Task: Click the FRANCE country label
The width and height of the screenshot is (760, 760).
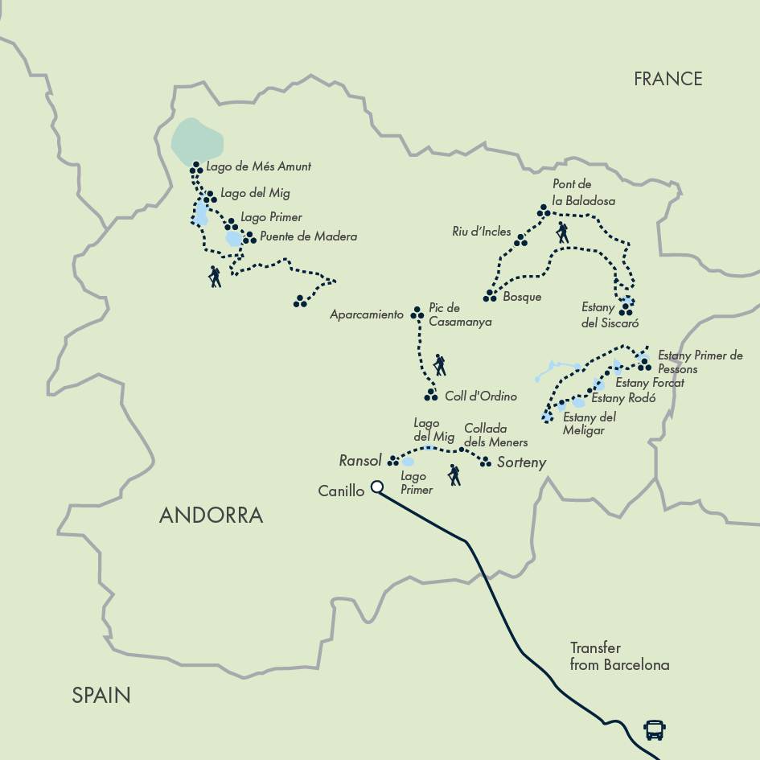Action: (x=668, y=79)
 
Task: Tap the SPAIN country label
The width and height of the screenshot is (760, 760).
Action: (x=101, y=695)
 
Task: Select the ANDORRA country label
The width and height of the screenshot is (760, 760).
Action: (x=211, y=516)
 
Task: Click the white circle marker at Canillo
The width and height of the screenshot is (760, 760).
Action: (x=376, y=487)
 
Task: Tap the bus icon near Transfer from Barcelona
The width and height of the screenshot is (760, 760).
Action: (x=655, y=730)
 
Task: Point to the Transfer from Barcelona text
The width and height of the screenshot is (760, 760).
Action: (x=619, y=656)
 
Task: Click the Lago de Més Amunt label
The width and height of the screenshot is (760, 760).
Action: (x=258, y=167)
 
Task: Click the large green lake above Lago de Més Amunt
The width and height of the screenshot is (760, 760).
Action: (x=197, y=140)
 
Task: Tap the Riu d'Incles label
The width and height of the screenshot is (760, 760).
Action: (x=481, y=232)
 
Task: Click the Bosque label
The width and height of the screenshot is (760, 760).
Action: (x=521, y=297)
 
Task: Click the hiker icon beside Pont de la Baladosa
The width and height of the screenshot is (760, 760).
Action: (x=562, y=233)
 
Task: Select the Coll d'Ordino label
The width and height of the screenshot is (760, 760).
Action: (x=480, y=396)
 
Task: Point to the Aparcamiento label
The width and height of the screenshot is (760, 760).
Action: (x=367, y=315)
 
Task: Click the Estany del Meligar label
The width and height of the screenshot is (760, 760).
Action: (x=589, y=423)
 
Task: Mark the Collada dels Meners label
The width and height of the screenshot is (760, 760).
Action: (x=496, y=435)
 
